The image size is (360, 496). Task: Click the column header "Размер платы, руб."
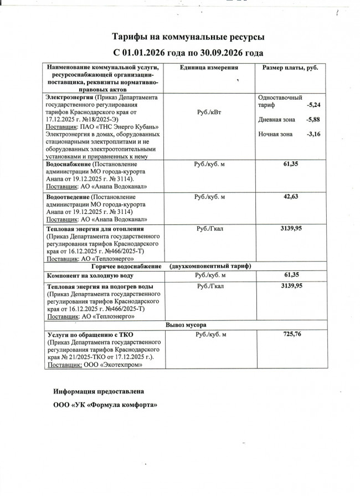pyautogui.click(x=290, y=68)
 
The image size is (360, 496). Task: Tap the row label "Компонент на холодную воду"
pyautogui.click(x=90, y=275)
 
